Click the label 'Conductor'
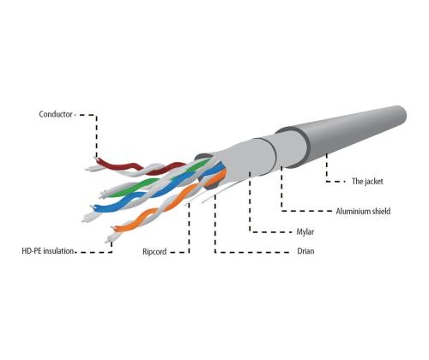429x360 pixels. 56,114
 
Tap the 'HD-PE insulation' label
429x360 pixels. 48,251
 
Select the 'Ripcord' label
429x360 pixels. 154,252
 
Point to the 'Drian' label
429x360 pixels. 305,251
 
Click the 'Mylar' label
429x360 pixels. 305,231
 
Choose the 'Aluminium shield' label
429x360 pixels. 363,212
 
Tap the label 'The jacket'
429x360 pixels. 367,181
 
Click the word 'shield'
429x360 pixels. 381,212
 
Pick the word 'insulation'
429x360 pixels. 59,251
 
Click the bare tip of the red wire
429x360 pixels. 95,158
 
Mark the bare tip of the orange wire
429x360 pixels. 113,228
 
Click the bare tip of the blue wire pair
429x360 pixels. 85,220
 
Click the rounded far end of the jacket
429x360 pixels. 402,115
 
